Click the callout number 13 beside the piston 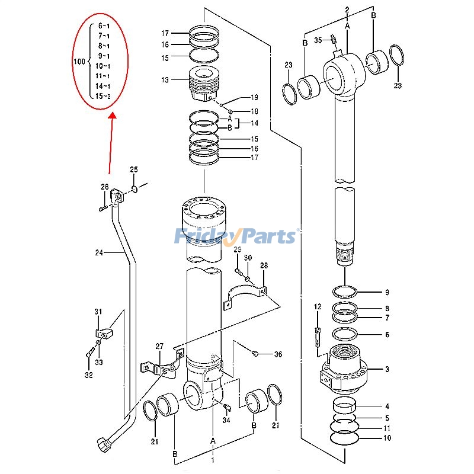pyautogui.click(x=165, y=80)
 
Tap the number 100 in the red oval pyautogui.click(x=79, y=61)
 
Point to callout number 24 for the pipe pyautogui.click(x=99, y=253)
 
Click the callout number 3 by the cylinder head pyautogui.click(x=387, y=369)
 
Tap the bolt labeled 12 pyautogui.click(x=318, y=335)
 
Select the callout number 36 pyautogui.click(x=278, y=355)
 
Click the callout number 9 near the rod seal pyautogui.click(x=387, y=292)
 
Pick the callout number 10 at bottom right pyautogui.click(x=387, y=438)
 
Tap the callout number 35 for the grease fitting pyautogui.click(x=318, y=40)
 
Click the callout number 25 pyautogui.click(x=134, y=170)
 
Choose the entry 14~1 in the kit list pyautogui.click(x=103, y=86)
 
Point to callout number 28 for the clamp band pyautogui.click(x=264, y=265)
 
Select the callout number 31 pyautogui.click(x=98, y=312)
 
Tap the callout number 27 pyautogui.click(x=159, y=346)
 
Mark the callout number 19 pyautogui.click(x=254, y=97)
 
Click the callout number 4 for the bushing pyautogui.click(x=387, y=406)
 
